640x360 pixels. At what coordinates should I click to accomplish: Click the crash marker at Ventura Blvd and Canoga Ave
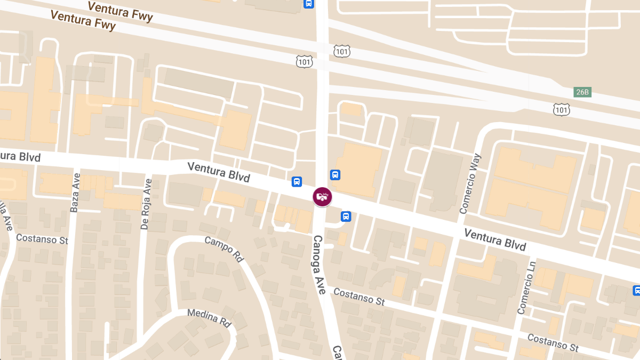[322, 197]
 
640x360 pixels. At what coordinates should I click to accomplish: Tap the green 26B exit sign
[582, 92]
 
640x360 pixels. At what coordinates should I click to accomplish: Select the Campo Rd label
[224, 249]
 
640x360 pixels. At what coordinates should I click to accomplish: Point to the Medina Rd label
[209, 317]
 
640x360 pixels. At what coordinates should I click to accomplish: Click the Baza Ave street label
[75, 193]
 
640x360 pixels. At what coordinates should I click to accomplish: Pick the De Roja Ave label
[147, 204]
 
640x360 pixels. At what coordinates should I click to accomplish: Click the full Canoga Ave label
[319, 265]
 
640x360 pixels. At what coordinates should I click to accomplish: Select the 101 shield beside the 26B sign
[561, 109]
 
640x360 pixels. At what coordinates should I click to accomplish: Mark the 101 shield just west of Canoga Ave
[304, 62]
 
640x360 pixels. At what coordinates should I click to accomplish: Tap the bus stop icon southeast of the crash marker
[346, 217]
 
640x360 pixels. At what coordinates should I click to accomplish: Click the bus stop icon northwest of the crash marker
[297, 182]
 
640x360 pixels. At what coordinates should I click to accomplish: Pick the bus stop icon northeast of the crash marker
[335, 174]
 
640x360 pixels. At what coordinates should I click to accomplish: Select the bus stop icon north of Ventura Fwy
[308, 3]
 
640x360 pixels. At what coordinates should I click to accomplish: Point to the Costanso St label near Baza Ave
[42, 238]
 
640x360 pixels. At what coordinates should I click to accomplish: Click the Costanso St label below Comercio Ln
[553, 342]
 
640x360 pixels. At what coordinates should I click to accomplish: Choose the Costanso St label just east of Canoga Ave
[358, 297]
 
